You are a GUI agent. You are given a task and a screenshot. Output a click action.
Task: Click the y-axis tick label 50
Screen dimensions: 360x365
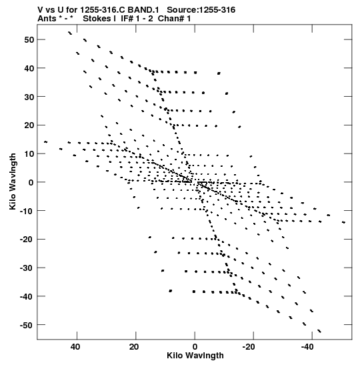(x=29, y=40)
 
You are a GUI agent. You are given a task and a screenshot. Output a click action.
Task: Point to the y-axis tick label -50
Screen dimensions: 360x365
(x=27, y=325)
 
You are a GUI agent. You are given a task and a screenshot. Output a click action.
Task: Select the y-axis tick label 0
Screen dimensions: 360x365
(x=31, y=183)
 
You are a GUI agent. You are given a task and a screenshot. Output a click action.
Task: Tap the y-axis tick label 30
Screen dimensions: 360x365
(x=29, y=97)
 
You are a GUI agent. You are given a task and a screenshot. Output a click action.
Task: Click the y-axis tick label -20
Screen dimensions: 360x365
(x=27, y=240)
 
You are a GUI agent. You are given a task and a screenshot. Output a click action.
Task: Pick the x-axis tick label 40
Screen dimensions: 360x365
(x=75, y=347)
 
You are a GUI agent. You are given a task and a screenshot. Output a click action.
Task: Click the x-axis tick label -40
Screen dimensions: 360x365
(x=307, y=347)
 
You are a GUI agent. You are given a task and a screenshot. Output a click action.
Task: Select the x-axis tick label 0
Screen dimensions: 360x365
(x=195, y=347)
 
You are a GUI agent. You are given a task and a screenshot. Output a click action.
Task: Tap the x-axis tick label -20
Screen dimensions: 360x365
(x=249, y=347)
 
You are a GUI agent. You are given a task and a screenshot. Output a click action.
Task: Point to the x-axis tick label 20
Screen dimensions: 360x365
(x=134, y=347)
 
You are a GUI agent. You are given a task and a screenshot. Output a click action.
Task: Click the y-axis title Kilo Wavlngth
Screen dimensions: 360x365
(x=13, y=181)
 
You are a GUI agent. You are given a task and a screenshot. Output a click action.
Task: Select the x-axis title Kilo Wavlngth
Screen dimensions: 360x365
(x=195, y=356)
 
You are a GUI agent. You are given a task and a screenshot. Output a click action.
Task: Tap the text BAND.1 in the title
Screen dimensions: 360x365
(x=143, y=10)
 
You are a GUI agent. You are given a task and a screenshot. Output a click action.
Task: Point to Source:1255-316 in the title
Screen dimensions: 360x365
(x=201, y=10)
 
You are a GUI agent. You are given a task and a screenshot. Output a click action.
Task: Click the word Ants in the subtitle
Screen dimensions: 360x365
(x=47, y=19)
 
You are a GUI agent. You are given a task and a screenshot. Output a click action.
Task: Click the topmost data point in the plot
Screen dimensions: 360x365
(x=70, y=33)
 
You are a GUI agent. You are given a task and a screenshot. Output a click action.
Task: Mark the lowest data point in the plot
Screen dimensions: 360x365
(x=319, y=331)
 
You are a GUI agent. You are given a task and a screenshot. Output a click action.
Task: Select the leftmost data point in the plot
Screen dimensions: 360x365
(x=45, y=141)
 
